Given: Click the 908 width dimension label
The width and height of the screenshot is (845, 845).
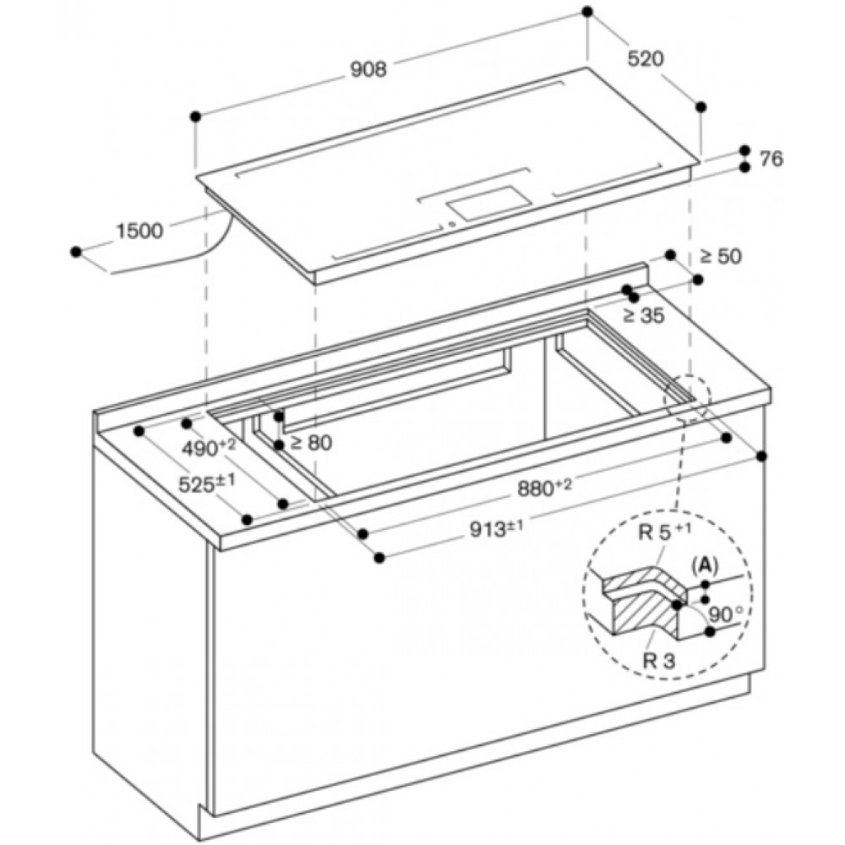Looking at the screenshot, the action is point(368,69).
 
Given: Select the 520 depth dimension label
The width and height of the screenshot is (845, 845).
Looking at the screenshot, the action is point(646,58).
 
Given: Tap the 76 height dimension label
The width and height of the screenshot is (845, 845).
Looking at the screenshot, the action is point(771,159).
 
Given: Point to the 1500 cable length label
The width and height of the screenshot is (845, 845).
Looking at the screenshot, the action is point(139,231).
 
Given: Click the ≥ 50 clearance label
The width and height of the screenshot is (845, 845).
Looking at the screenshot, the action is point(721,257).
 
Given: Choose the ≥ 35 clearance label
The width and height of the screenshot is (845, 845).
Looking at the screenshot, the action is point(643,316).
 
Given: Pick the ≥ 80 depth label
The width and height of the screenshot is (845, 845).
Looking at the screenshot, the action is point(311,443).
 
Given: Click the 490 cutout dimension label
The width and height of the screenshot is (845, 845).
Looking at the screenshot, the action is point(209,447).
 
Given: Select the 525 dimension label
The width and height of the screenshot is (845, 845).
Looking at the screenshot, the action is point(207,483).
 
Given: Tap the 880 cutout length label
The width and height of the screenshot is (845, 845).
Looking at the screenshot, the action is point(544,488).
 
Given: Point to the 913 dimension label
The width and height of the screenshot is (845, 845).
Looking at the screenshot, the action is point(496,530).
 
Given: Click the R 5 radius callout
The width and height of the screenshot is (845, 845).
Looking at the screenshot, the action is point(664,532).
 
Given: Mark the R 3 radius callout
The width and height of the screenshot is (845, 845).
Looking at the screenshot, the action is point(659,661).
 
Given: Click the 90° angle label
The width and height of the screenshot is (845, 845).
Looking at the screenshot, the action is point(725,614).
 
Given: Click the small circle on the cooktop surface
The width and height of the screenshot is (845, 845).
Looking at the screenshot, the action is point(451,224).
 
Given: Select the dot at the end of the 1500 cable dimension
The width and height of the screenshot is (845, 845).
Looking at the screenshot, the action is point(76,252).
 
